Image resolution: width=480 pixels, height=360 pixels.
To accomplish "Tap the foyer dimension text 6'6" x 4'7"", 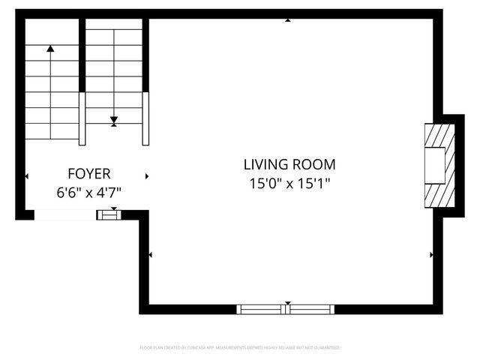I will [88, 192].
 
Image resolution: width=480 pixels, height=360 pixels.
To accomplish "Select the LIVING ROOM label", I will [289, 164].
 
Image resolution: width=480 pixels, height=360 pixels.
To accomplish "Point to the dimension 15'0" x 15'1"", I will [289, 182].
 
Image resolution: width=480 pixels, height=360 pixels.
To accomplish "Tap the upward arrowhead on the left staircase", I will [50, 49].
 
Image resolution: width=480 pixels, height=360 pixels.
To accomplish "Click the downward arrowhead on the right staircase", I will [114, 119].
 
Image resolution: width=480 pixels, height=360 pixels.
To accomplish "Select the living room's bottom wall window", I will [285, 308].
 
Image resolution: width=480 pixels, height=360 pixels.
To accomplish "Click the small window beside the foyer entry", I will [109, 215].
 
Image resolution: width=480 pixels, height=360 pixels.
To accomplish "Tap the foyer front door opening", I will [65, 215].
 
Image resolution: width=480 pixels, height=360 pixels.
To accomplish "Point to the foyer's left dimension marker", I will [27, 176].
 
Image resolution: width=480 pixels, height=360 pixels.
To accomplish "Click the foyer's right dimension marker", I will [147, 176].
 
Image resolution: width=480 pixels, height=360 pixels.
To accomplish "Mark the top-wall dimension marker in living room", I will [288, 20].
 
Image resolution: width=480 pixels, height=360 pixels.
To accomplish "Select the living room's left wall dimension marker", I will [151, 255].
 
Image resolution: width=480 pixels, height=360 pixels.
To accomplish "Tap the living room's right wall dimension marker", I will [430, 255].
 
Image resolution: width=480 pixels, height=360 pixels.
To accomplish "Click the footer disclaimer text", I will [240, 348].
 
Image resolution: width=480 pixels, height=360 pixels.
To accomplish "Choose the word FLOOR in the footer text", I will [147, 348].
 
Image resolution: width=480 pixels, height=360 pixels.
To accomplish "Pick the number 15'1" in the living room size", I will [314, 182].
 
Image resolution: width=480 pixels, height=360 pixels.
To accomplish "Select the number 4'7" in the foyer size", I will [108, 192].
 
